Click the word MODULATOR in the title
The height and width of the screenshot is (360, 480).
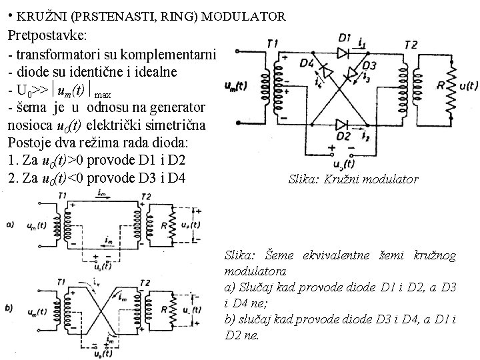[245, 15]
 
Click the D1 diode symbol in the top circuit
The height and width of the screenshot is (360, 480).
[343, 51]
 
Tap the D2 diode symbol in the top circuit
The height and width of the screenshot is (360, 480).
[342, 123]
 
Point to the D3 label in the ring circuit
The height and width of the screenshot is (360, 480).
[370, 65]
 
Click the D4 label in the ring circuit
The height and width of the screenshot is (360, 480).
[307, 63]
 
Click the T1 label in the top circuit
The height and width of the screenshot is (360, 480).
[272, 44]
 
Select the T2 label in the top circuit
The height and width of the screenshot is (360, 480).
[411, 44]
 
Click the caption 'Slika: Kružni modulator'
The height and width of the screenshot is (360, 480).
[353, 179]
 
